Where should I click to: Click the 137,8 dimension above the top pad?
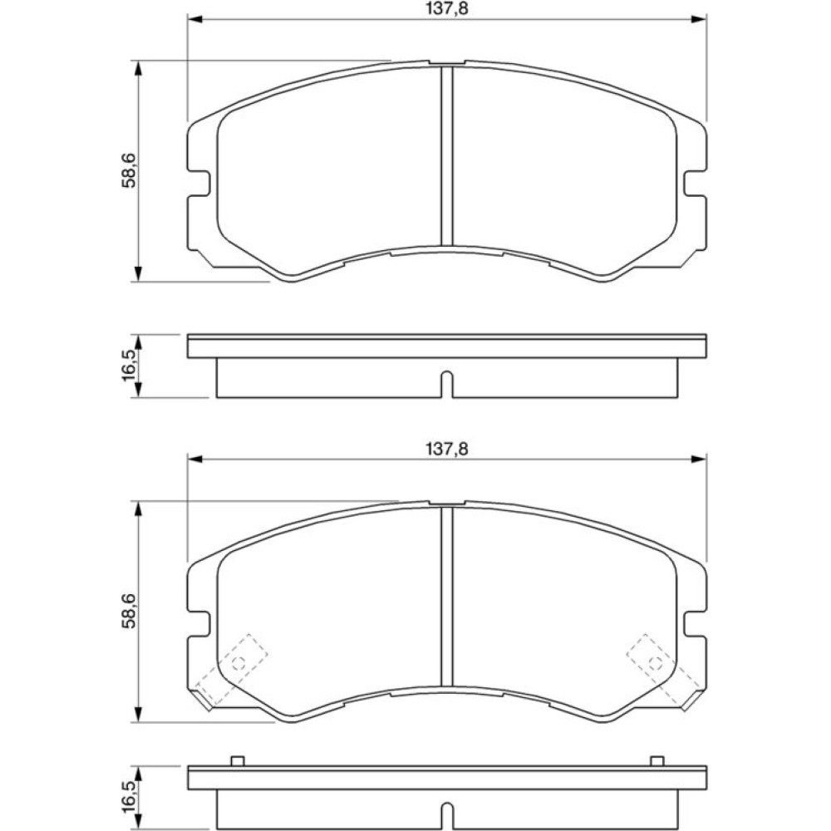(447, 8)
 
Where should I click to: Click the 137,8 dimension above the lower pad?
(447, 449)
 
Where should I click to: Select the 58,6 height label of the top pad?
(129, 170)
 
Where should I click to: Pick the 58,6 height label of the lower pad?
(129, 611)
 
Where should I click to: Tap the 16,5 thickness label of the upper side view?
(129, 366)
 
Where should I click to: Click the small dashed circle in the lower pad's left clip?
(238, 662)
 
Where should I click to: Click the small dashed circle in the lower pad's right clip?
(656, 662)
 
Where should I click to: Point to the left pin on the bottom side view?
(237, 761)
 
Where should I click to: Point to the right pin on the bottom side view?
(657, 761)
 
